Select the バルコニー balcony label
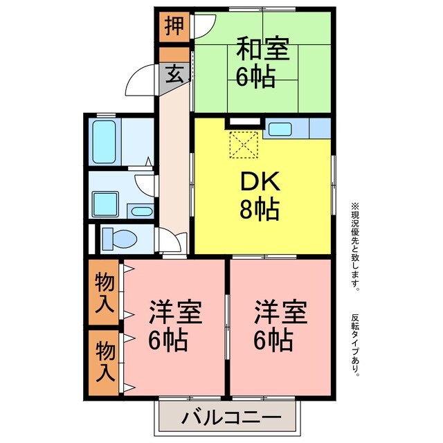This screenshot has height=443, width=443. [232, 418]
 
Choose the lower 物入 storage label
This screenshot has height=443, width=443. [105, 361]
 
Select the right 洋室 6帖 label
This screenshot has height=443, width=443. [280, 325]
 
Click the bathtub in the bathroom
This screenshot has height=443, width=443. [105, 142]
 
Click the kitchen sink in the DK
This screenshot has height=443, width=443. [281, 129]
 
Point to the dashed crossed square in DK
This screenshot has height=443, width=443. [243, 145]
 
